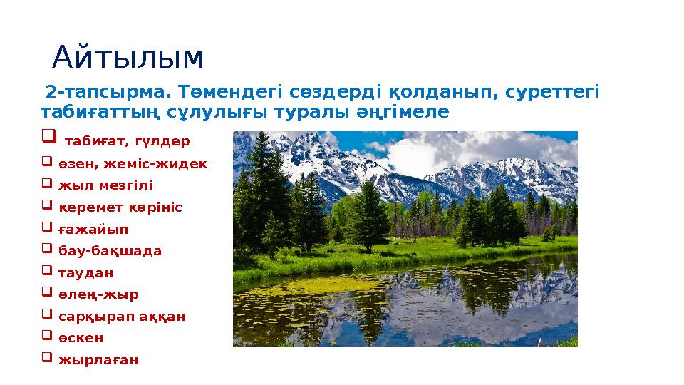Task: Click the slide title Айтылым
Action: click(128, 58)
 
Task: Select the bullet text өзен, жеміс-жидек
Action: click(133, 164)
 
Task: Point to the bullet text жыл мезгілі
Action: click(105, 185)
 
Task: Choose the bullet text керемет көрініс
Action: click(120, 207)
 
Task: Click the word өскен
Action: click(81, 338)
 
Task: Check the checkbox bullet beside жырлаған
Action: click(47, 359)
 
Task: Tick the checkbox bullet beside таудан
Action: click(47, 272)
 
